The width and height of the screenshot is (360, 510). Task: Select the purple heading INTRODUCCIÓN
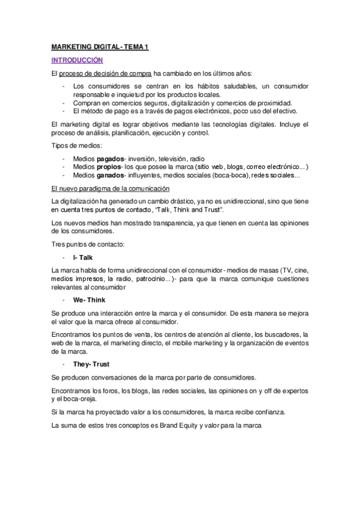[78, 60]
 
